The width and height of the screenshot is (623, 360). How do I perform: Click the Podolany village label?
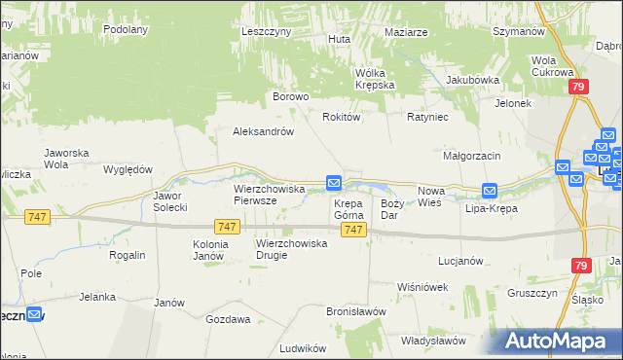(x=125, y=29)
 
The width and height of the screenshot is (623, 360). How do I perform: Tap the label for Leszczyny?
(x=267, y=31)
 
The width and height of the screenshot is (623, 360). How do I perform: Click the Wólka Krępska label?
(x=375, y=79)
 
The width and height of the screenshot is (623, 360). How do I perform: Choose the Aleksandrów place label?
(x=263, y=131)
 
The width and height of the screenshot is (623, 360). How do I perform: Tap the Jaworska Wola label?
(x=67, y=159)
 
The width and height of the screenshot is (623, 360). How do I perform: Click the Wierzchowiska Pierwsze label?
(x=270, y=194)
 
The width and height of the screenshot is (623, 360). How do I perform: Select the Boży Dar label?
(x=391, y=208)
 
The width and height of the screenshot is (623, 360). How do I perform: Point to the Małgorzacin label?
(x=471, y=156)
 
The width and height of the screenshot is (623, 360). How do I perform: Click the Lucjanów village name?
(x=461, y=261)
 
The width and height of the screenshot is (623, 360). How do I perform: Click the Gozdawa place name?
(x=228, y=318)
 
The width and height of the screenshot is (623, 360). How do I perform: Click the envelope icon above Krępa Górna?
(x=334, y=182)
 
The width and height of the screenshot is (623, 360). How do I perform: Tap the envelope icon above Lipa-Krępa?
(x=490, y=191)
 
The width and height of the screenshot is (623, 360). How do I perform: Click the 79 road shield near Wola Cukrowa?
(x=578, y=88)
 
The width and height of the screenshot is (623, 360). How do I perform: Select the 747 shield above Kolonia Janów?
(x=227, y=227)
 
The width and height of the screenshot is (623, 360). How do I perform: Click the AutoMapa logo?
(x=557, y=341)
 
